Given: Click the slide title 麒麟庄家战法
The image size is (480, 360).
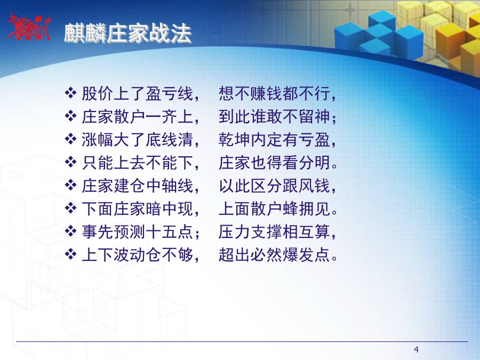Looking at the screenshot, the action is [x=127, y=33].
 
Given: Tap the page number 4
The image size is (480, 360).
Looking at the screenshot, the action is [x=416, y=349].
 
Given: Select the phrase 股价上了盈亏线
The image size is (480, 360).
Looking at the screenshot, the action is [x=138, y=93].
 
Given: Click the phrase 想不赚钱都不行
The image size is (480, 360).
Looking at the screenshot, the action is [x=274, y=93].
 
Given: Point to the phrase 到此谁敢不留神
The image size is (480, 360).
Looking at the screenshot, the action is [x=274, y=117].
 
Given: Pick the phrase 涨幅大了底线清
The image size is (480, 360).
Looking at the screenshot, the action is [x=138, y=140].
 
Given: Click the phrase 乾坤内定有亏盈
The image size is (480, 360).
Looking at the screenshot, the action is [x=274, y=140].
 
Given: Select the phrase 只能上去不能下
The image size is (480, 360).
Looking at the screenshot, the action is [x=138, y=163].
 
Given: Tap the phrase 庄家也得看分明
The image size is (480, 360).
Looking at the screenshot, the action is [x=274, y=163].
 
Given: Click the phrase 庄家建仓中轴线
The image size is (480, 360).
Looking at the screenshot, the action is [x=138, y=186].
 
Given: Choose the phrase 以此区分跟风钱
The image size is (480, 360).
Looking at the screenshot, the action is [x=274, y=186].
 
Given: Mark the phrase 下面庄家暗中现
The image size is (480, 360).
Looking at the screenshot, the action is [x=138, y=209].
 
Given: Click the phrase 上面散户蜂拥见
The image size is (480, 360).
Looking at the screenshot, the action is [x=274, y=209].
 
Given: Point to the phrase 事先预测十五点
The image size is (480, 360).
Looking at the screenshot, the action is [x=138, y=232].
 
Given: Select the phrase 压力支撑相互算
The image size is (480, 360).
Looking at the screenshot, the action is [x=274, y=232].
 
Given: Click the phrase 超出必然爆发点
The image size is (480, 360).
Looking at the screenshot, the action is [x=274, y=255].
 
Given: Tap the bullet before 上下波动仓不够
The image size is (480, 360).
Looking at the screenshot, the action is [x=70, y=254].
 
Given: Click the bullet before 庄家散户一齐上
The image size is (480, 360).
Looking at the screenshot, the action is [x=70, y=116].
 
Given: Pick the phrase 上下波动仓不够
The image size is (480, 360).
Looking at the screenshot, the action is [x=138, y=255].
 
